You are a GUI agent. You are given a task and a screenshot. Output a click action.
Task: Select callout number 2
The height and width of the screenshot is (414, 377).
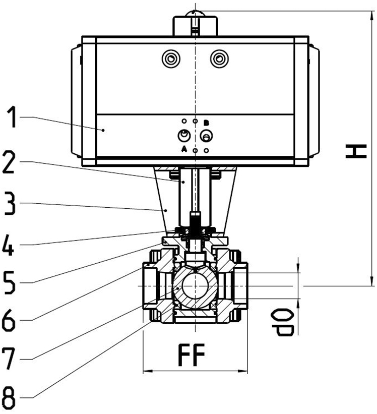click(x=14, y=162)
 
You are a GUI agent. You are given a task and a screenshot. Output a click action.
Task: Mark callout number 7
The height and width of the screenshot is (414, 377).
click(x=14, y=358)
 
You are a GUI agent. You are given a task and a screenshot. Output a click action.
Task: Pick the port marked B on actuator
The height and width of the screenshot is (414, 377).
click(x=206, y=136)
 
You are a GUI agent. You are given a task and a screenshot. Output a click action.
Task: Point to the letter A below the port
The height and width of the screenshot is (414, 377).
click(x=184, y=149)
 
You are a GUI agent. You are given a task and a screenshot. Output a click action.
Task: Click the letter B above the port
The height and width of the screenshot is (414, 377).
click(x=206, y=123)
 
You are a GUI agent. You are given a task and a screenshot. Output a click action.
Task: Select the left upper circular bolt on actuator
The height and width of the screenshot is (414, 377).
click(x=171, y=59)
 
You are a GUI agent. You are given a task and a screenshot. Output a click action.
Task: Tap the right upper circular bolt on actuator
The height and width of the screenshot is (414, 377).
click(x=219, y=59)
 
